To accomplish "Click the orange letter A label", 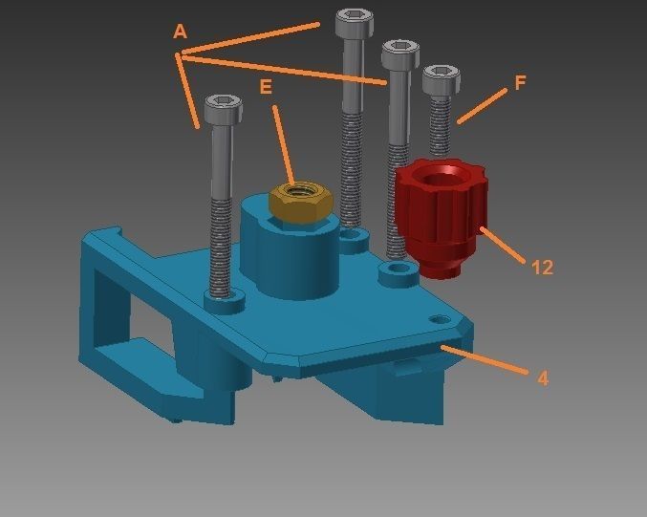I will (x=180, y=32).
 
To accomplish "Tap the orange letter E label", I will (x=266, y=87).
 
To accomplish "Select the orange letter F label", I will (x=520, y=83).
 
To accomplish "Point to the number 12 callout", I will (x=542, y=268).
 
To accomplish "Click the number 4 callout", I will (x=543, y=377).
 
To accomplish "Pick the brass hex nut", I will (x=301, y=202).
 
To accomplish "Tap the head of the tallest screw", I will (x=353, y=23).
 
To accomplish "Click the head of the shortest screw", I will (x=441, y=80).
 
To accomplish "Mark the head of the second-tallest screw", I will (x=399, y=54).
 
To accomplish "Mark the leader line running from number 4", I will (x=487, y=362).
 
